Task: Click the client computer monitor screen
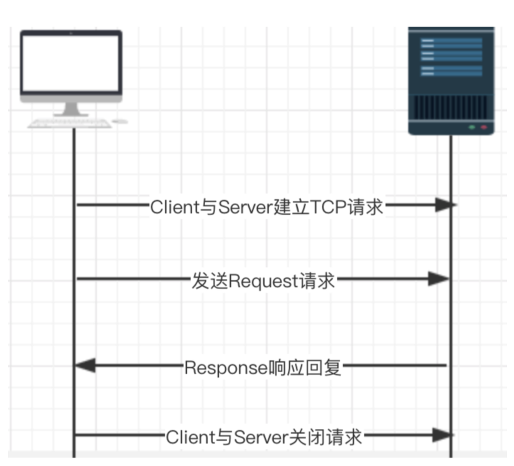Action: click(71, 63)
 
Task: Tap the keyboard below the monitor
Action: click(70, 124)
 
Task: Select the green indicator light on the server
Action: click(472, 127)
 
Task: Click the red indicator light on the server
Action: click(483, 127)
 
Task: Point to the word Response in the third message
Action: click(226, 368)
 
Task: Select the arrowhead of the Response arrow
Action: click(85, 366)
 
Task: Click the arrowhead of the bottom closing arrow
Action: click(443, 435)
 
